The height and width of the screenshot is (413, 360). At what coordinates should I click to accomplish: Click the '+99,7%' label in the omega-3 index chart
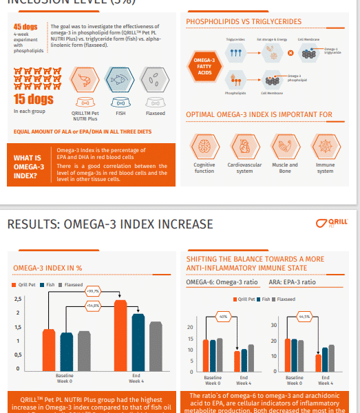coord(93,292)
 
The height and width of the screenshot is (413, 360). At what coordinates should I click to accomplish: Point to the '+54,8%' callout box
coord(92,304)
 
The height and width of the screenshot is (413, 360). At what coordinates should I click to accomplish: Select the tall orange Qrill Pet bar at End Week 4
coord(120,335)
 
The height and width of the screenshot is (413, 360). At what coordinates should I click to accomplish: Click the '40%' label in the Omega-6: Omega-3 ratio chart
coord(222,317)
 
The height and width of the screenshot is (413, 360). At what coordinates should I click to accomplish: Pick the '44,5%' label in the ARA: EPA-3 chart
coord(305,317)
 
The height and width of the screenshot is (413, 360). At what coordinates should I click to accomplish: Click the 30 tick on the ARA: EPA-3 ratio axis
coord(273,325)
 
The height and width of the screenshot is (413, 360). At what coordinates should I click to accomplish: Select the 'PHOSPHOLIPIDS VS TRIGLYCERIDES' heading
coord(244,22)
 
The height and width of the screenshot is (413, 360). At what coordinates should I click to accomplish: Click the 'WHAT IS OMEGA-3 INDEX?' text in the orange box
coord(28,167)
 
